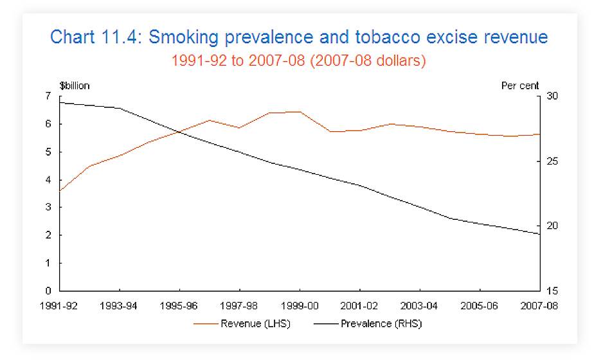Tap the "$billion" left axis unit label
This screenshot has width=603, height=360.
pos(75,86)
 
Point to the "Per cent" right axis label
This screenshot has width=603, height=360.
pos(519,86)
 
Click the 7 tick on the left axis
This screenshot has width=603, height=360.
pos(48,96)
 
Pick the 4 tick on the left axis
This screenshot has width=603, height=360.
pos(48,180)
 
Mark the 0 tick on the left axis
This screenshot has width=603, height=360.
pos(48,291)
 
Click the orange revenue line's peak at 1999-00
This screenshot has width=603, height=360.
pos(300,112)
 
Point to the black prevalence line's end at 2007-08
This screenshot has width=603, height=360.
pos(539,234)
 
